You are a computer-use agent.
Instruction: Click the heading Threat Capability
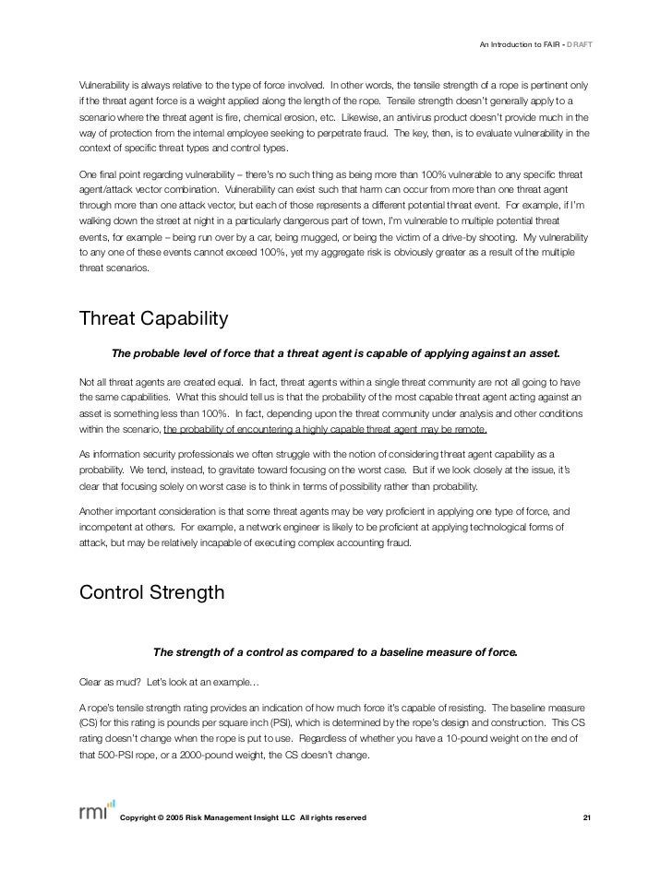(x=153, y=319)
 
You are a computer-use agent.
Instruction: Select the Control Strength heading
(x=152, y=592)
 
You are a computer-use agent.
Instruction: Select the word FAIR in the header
(x=550, y=43)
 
